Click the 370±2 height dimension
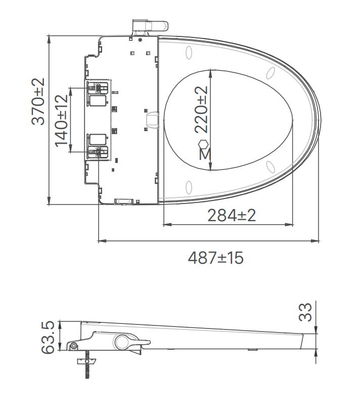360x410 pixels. point(37,101)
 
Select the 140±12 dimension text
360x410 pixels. point(62,120)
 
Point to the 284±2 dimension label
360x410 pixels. point(232,215)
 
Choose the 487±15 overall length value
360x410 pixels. point(216,258)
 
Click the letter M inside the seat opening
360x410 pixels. point(204,154)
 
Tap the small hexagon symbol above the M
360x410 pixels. point(203,144)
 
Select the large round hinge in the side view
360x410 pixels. point(122,342)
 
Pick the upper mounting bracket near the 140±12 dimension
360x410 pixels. point(98,88)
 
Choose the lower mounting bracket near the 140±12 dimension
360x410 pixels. point(98,151)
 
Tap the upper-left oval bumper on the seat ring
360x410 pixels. point(190,53)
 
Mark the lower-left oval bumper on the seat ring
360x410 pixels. point(189,187)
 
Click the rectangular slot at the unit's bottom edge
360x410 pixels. point(123,201)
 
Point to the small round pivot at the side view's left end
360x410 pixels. point(74,346)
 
